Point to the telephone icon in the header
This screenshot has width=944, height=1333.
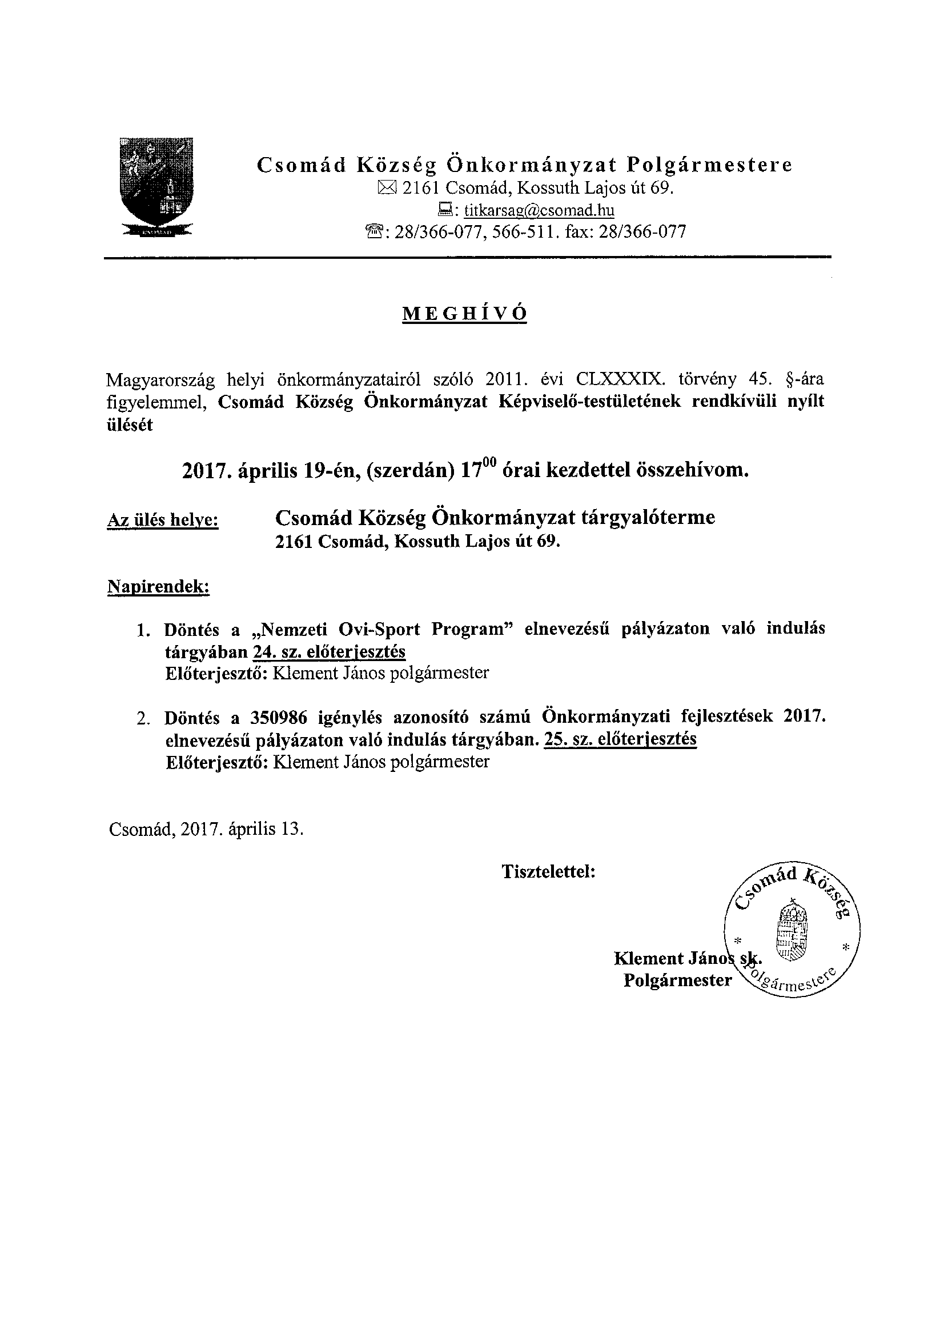(x=372, y=233)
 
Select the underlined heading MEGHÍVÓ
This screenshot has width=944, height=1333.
(x=464, y=314)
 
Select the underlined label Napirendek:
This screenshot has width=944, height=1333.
(x=159, y=587)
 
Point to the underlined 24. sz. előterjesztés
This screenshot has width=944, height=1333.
(x=329, y=652)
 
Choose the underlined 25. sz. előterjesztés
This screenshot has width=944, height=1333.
(x=620, y=739)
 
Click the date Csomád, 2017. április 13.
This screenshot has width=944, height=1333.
(x=206, y=828)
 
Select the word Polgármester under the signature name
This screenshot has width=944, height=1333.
(x=677, y=980)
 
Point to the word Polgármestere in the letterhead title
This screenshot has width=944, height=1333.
(x=709, y=165)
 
